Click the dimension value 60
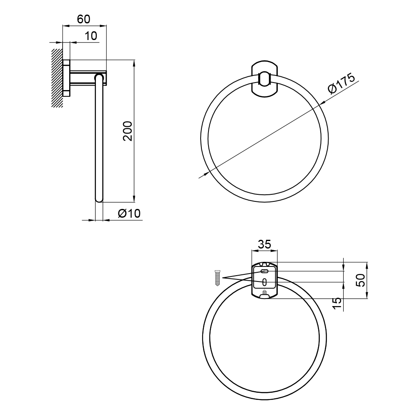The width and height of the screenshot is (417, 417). (84, 19)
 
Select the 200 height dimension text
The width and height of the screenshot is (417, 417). (128, 131)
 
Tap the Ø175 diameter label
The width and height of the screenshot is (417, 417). (342, 83)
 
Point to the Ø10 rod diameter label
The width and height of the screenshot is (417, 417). (129, 213)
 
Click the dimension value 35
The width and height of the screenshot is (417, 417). (265, 244)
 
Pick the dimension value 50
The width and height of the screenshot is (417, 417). (361, 280)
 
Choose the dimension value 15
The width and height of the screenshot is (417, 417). (337, 303)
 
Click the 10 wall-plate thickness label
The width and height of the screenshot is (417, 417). (91, 36)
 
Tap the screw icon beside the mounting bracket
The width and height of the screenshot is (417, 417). (217, 278)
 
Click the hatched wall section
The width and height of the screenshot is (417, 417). (57, 78)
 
